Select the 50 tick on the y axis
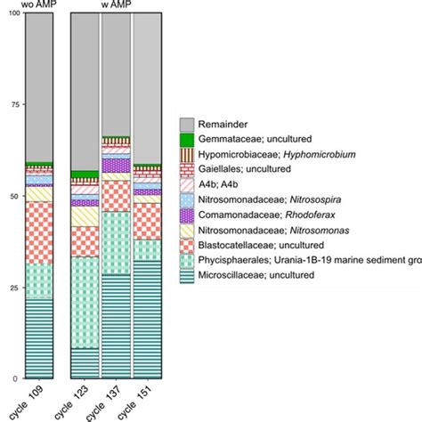pyautogui.click(x=10, y=196)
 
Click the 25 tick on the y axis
pyautogui.click(x=10, y=287)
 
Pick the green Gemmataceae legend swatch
pyautogui.click(x=187, y=140)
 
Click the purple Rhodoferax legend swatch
pyautogui.click(x=187, y=215)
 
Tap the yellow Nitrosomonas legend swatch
pyautogui.click(x=187, y=231)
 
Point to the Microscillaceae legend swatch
pyautogui.click(x=187, y=276)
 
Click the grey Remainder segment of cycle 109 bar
pyautogui.click(x=38, y=89)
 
